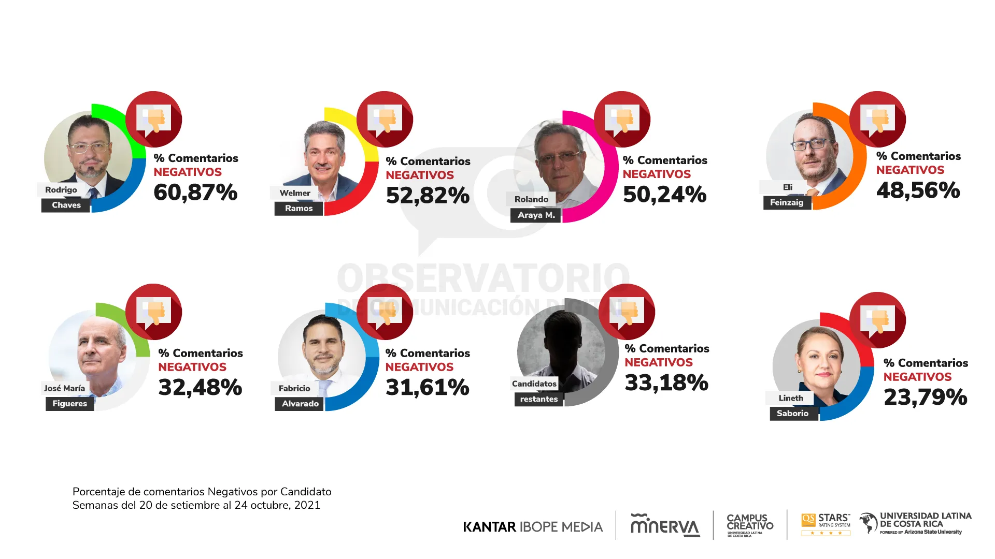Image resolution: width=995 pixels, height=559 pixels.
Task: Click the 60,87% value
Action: pyautogui.click(x=195, y=193)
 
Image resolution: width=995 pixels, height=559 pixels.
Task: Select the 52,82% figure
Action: pyautogui.click(x=428, y=196)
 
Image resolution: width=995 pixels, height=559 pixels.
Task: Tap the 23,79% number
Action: pyautogui.click(x=925, y=398)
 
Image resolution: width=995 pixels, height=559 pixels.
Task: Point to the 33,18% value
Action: pyautogui.click(x=666, y=383)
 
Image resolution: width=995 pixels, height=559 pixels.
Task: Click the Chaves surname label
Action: pyautogui.click(x=66, y=205)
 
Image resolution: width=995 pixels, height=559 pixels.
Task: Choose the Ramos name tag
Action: pyautogui.click(x=298, y=208)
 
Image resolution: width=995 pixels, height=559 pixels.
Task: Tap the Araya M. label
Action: pyautogui.click(x=536, y=215)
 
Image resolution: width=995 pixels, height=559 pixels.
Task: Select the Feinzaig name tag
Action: pyautogui.click(x=786, y=202)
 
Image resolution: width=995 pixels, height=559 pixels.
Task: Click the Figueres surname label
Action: pyautogui.click(x=69, y=404)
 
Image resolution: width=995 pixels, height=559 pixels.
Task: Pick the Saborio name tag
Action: pyautogui.click(x=792, y=413)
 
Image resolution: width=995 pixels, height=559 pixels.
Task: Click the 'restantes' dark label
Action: pyautogui.click(x=538, y=399)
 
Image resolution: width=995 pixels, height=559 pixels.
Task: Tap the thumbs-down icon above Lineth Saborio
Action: pyautogui.click(x=877, y=320)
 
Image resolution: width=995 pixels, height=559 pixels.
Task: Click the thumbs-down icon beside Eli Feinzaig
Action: pyautogui.click(x=877, y=119)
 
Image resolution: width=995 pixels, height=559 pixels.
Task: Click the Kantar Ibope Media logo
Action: pyautogui.click(x=533, y=527)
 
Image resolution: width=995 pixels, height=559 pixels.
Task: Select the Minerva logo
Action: pyautogui.click(x=665, y=525)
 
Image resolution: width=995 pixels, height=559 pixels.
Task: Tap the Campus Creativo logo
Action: pyautogui.click(x=749, y=525)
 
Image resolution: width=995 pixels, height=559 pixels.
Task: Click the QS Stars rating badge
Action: pyautogui.click(x=826, y=524)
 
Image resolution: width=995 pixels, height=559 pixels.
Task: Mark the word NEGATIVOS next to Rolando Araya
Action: pyautogui.click(x=657, y=174)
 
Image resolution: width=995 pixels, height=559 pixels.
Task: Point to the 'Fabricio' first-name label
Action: pyautogui.click(x=294, y=388)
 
